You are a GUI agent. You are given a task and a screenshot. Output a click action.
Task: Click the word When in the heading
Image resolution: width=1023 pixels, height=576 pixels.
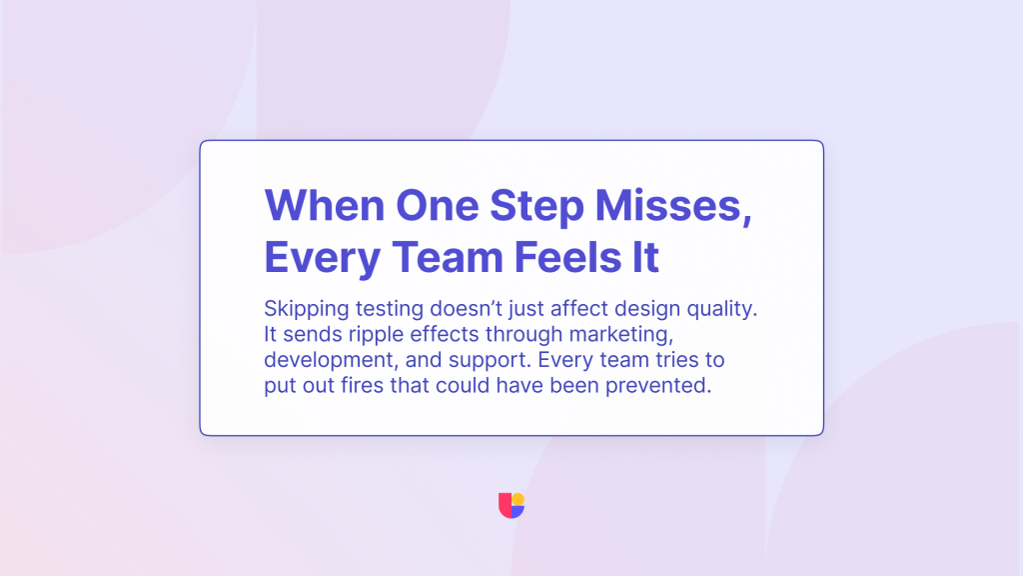[x=325, y=206]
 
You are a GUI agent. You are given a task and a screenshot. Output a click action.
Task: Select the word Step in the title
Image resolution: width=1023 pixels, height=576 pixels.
[x=536, y=209]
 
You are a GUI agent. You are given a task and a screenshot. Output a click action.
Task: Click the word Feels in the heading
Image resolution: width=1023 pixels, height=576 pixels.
[x=567, y=257]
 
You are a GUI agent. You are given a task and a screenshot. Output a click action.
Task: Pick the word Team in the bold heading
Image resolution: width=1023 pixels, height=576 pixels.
[x=448, y=257]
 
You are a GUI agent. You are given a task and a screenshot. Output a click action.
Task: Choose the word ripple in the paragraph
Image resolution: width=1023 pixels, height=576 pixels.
[x=376, y=336]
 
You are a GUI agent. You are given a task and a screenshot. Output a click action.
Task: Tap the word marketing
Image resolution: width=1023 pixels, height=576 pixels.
[x=621, y=336]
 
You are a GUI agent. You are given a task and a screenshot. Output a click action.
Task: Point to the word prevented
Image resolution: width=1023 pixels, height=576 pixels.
[x=658, y=387]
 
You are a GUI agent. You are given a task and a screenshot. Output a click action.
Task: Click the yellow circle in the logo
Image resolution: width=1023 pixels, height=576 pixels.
[x=518, y=500]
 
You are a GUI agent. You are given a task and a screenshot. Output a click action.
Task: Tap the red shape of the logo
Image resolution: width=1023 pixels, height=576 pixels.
[x=505, y=505]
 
